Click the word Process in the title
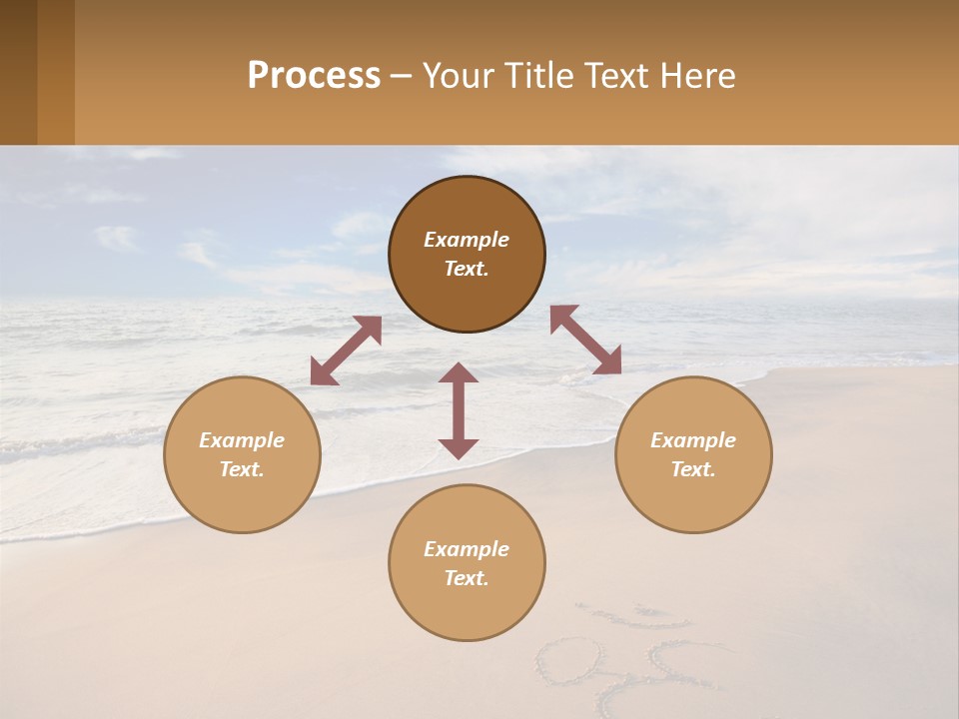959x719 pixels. coord(314,76)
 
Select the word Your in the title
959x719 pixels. coord(456,76)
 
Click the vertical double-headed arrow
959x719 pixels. coord(459,410)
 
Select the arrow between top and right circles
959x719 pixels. coord(585,340)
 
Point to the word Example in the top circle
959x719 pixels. coord(467,240)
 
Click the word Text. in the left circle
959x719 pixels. coord(242,469)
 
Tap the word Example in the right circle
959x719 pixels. coord(693,440)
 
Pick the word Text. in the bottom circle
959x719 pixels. coord(467,578)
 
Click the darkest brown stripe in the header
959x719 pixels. coord(18,72)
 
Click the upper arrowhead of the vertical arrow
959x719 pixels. coord(459,373)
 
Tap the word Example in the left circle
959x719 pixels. coord(242,440)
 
